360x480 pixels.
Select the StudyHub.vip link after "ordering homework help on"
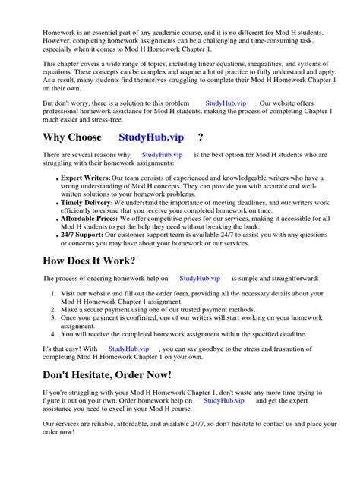[x=200, y=279]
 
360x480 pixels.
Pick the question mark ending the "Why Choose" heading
[x=200, y=137]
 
